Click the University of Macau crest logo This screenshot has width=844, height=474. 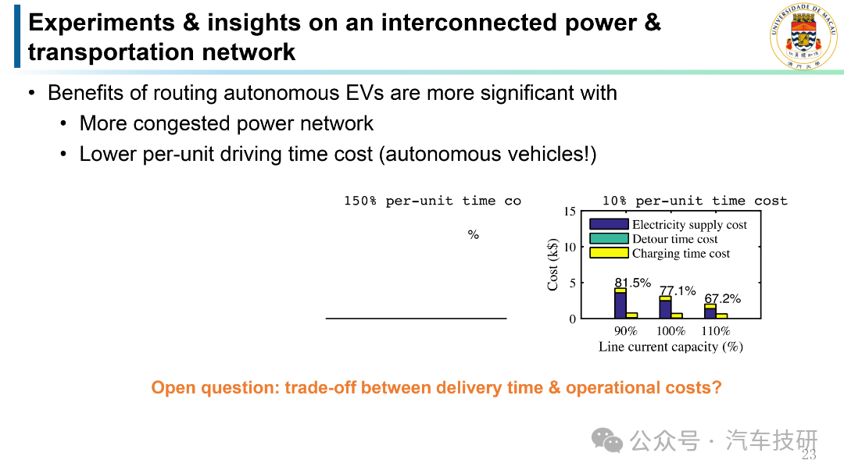tap(803, 36)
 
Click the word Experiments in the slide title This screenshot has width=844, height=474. tap(102, 23)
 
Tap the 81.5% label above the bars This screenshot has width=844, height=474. tap(633, 283)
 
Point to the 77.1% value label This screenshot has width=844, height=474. tap(678, 290)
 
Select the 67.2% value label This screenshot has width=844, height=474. tap(722, 298)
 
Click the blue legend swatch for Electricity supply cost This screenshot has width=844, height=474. tap(609, 224)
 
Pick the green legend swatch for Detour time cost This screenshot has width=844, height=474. tap(609, 238)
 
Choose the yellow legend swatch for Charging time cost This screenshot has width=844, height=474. tap(609, 253)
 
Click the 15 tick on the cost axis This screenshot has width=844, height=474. tap(570, 212)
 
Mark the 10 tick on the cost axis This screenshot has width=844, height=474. tap(570, 247)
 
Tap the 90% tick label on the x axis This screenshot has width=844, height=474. tap(625, 331)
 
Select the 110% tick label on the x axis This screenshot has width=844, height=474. tap(715, 331)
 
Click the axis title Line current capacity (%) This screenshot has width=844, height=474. tap(671, 347)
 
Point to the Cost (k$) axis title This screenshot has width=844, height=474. tap(553, 265)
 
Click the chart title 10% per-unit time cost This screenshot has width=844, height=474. tap(695, 201)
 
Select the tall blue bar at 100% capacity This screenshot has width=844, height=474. tap(665, 309)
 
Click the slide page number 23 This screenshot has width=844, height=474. tap(809, 454)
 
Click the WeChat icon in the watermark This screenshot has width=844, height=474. tap(607, 440)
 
